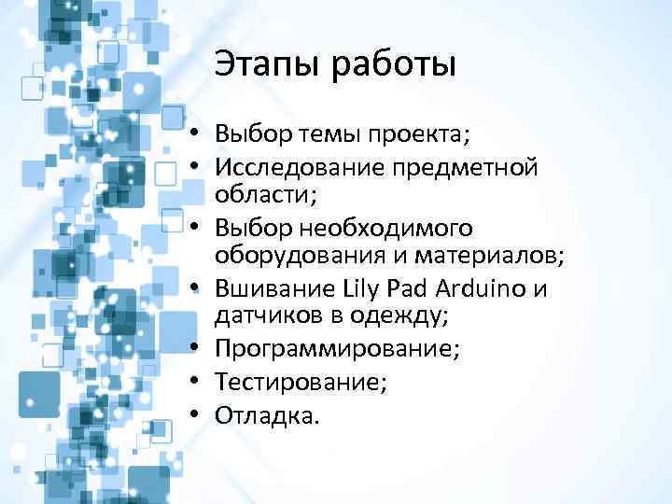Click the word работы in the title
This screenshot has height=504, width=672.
(x=392, y=64)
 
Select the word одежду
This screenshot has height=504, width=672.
(x=401, y=315)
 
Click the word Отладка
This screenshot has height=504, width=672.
(x=267, y=413)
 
